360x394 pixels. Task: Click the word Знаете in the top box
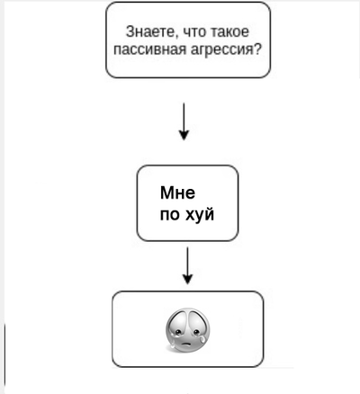pyautogui.click(x=149, y=31)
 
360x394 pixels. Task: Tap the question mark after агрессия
pyautogui.click(x=257, y=49)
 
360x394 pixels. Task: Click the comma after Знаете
pyautogui.click(x=176, y=36)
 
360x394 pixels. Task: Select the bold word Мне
pyautogui.click(x=177, y=193)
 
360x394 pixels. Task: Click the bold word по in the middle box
pyautogui.click(x=169, y=215)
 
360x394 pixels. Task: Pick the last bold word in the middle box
pyautogui.click(x=199, y=214)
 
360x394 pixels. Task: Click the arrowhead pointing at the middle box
pyautogui.click(x=184, y=136)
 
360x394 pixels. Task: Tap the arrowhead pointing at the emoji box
pyautogui.click(x=188, y=279)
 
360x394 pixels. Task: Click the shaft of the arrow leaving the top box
pyautogui.click(x=184, y=117)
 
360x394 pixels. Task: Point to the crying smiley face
pyautogui.click(x=187, y=330)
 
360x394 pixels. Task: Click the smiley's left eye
pyautogui.click(x=178, y=332)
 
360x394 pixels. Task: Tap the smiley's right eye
pyautogui.click(x=195, y=332)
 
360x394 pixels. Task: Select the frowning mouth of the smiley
pyautogui.click(x=187, y=344)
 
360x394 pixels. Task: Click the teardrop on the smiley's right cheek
pyautogui.click(x=202, y=339)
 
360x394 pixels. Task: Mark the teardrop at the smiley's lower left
pyautogui.click(x=172, y=345)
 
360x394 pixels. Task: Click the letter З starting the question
pyautogui.click(x=130, y=31)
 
